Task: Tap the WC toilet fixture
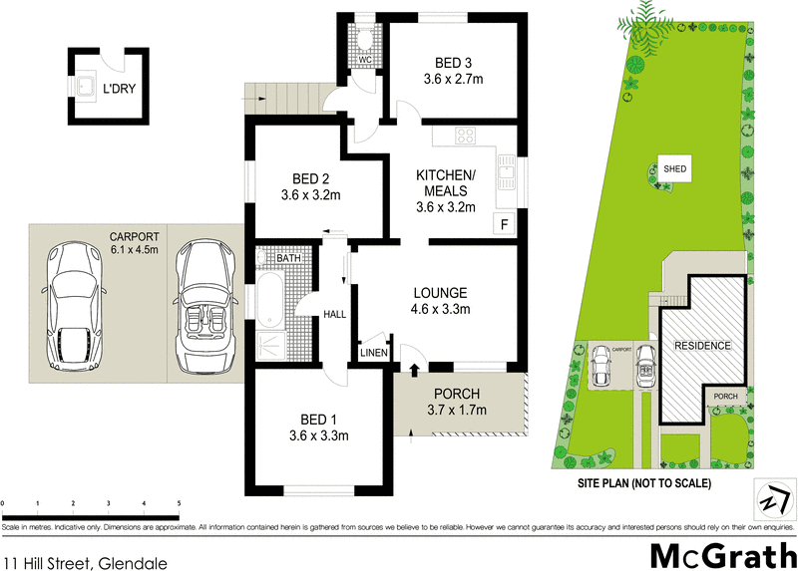pos(366,38)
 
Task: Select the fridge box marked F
pos(504,224)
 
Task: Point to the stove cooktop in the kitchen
pos(466,137)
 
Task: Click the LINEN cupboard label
pos(375,352)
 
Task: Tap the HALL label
pos(334,314)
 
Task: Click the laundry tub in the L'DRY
pos(87,87)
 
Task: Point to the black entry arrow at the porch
pos(413,371)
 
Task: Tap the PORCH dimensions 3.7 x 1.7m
pos(457,410)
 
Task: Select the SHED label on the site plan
pos(676,169)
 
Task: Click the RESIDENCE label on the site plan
pos(702,346)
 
